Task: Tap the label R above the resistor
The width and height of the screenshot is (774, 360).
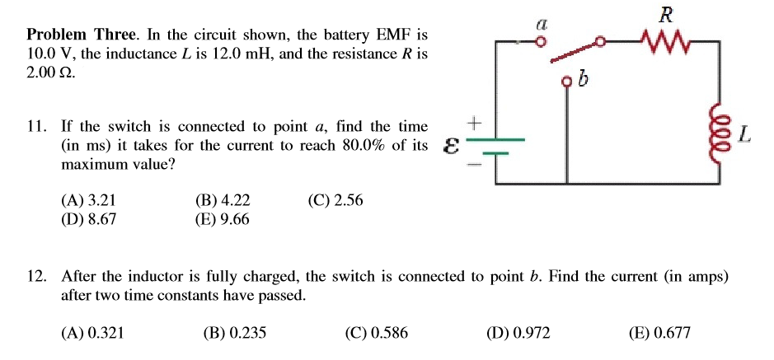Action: (667, 13)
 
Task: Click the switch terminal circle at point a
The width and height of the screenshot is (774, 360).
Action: (542, 43)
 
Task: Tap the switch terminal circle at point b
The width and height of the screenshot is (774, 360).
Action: (566, 82)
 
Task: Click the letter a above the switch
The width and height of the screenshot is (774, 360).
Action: (542, 26)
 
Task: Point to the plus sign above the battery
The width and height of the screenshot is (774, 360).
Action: (474, 124)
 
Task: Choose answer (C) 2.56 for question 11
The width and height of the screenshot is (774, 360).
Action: (335, 200)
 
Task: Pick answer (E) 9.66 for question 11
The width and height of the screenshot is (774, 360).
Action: (222, 218)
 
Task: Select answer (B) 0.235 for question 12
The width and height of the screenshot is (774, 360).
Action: (234, 333)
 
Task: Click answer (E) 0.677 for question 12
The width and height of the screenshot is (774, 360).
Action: (659, 333)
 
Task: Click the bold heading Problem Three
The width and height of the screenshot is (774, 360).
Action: (83, 35)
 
